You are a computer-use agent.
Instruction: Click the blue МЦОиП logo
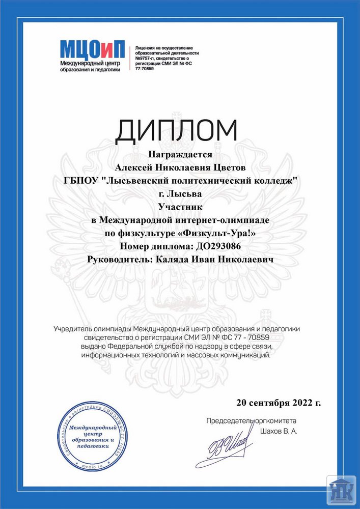[x=92, y=49]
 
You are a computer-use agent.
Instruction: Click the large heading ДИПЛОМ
[x=176, y=131]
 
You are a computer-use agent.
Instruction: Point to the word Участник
[x=180, y=207]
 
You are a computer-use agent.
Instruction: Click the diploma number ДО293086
[x=219, y=246]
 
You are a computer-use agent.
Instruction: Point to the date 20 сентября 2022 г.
[x=279, y=403]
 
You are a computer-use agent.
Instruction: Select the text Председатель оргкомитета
[x=251, y=421]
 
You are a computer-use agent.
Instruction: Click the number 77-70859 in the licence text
[x=144, y=68]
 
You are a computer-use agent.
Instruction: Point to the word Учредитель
[x=74, y=329]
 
